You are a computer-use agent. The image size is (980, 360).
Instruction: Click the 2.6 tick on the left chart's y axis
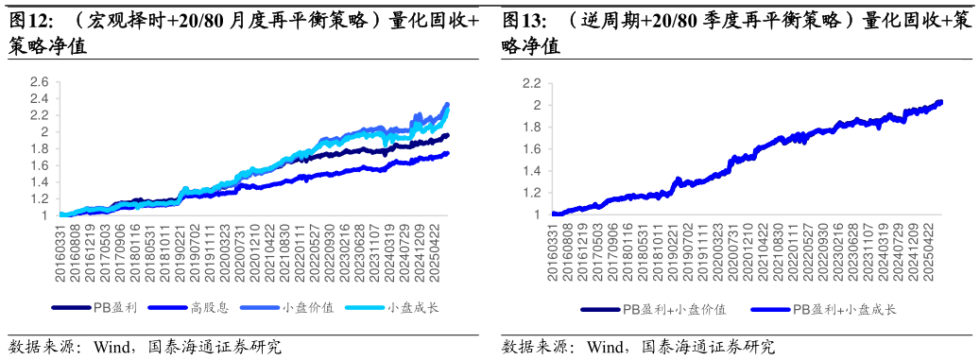(38, 82)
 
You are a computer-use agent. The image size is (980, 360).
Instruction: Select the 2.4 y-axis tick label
(38, 99)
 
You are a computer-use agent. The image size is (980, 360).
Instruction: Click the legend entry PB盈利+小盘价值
(674, 309)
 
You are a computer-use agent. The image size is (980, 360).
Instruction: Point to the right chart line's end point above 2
(940, 102)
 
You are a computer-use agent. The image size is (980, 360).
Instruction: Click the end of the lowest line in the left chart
(447, 153)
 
